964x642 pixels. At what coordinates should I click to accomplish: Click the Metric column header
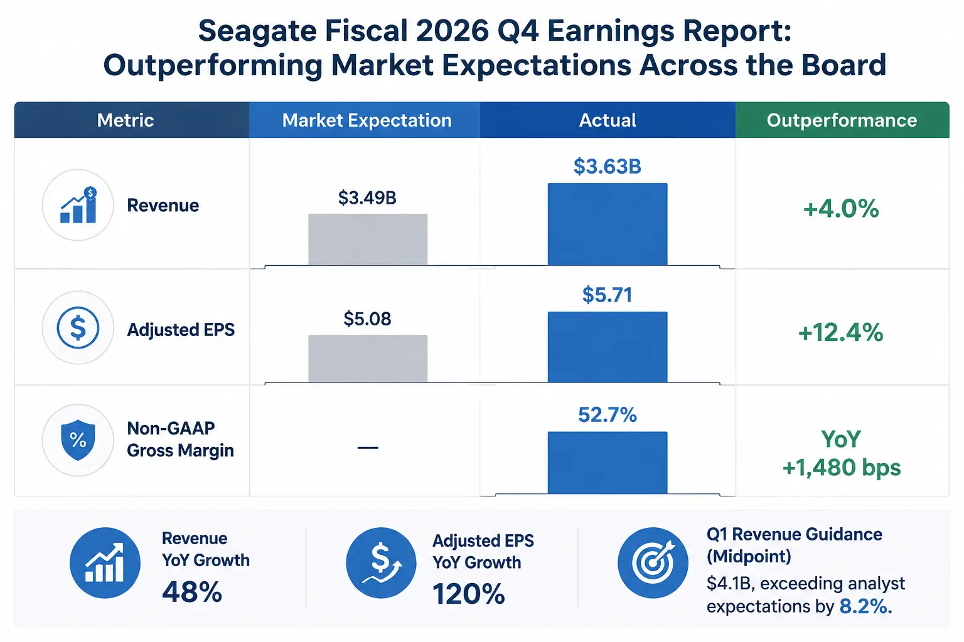pyautogui.click(x=126, y=120)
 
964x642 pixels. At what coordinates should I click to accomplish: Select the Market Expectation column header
pyautogui.click(x=367, y=120)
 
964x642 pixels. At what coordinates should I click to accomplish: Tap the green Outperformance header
pyautogui.click(x=842, y=120)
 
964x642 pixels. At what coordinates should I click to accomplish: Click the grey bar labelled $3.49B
pyautogui.click(x=368, y=239)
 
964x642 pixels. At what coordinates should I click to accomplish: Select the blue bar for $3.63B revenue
pyautogui.click(x=608, y=224)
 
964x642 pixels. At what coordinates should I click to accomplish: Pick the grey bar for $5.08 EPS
pyautogui.click(x=368, y=358)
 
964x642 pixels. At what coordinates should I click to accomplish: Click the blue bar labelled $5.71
pyautogui.click(x=608, y=347)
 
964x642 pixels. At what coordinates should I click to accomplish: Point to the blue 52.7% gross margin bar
pyautogui.click(x=608, y=463)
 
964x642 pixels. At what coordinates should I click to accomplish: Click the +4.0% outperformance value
pyautogui.click(x=842, y=209)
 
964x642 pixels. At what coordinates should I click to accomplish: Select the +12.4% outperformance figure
pyautogui.click(x=841, y=332)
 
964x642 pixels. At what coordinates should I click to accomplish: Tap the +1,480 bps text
pyautogui.click(x=842, y=468)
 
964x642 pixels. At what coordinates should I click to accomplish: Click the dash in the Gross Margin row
pyautogui.click(x=368, y=448)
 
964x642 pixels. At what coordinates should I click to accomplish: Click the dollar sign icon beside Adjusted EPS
pyautogui.click(x=78, y=328)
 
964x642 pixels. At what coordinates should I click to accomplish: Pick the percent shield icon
pyautogui.click(x=78, y=440)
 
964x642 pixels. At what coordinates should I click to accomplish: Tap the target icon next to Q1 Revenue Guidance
pyautogui.click(x=653, y=562)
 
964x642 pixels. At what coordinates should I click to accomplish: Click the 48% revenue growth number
pyautogui.click(x=192, y=592)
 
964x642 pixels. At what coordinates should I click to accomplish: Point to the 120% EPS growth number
pyautogui.click(x=469, y=594)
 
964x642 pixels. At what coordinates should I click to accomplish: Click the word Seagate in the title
pyautogui.click(x=257, y=31)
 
